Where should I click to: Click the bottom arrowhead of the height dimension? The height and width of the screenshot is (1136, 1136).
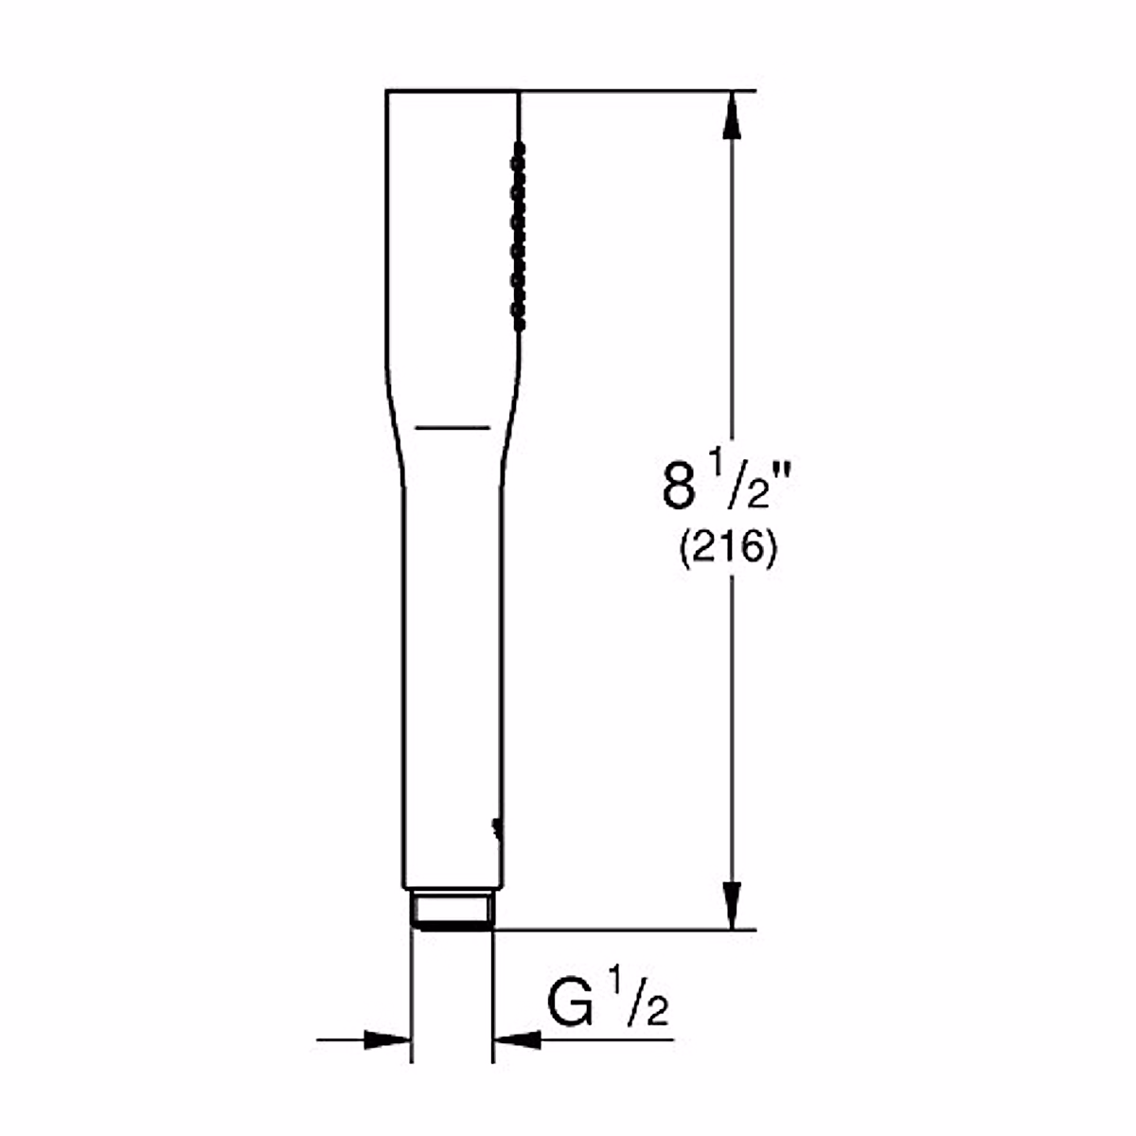731,905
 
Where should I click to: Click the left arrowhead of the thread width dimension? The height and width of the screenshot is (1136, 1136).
388,1039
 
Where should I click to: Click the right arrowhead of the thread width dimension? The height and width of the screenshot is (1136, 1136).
517,1039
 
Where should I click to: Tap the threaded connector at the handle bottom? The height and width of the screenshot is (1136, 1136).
452,910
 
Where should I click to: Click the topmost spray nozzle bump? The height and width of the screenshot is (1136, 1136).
517,150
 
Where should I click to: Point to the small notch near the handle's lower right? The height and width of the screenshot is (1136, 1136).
495,826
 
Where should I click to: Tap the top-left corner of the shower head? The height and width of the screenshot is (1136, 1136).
387,92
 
